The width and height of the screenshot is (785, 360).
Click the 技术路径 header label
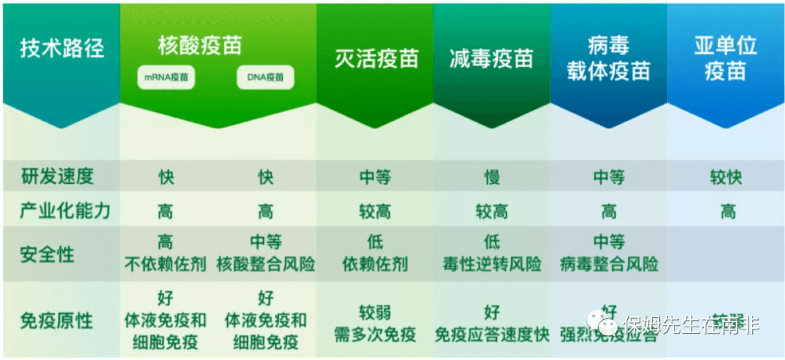pyautogui.click(x=62, y=49)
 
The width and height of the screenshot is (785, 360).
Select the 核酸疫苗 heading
pyautogui.click(x=199, y=46)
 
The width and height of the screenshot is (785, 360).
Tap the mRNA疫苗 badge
pyautogui.click(x=166, y=78)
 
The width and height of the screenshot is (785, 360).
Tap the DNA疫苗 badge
pyautogui.click(x=265, y=78)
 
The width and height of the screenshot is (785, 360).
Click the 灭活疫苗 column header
pyautogui.click(x=376, y=59)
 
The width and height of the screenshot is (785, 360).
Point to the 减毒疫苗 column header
pyautogui.click(x=491, y=59)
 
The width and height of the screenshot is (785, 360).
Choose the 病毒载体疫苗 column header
pyautogui.click(x=608, y=59)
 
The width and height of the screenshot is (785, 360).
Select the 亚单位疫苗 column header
pyautogui.click(x=725, y=59)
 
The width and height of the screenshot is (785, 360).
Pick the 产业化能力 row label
pyautogui.click(x=65, y=211)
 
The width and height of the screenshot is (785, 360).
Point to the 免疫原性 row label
pyautogui.click(x=57, y=320)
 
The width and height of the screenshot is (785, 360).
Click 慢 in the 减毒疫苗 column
pyautogui.click(x=492, y=177)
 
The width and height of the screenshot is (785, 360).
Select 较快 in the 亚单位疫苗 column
pyautogui.click(x=725, y=177)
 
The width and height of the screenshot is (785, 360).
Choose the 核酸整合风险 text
pyautogui.click(x=266, y=264)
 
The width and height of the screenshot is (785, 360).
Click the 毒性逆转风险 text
pyautogui.click(x=492, y=264)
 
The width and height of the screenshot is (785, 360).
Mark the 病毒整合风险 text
pyautogui.click(x=609, y=264)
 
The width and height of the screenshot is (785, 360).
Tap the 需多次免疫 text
pyautogui.click(x=375, y=335)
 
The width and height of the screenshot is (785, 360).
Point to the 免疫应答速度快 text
pyautogui.click(x=492, y=335)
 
